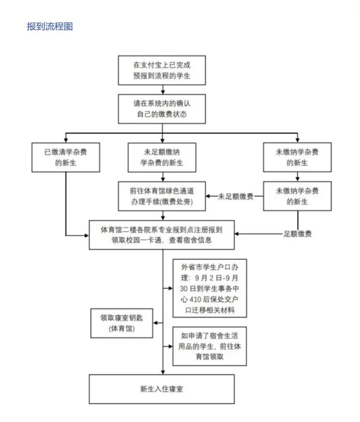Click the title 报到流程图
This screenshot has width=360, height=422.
tap(50, 26)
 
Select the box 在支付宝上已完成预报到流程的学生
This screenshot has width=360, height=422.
tap(162, 70)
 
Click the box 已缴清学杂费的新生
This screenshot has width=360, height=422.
tap(65, 157)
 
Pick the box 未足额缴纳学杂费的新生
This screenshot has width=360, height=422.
tap(162, 157)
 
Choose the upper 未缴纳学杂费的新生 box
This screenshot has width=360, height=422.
tap(297, 157)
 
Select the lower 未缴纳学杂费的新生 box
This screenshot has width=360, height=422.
tap(297, 196)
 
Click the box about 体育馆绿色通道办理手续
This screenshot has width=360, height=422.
tap(162, 196)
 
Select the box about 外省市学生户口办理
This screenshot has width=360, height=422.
tap(209, 288)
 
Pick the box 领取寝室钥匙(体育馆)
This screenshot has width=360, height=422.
tap(122, 323)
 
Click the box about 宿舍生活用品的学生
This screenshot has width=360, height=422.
tap(209, 346)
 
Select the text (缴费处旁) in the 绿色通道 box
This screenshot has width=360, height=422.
tap(175, 202)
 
